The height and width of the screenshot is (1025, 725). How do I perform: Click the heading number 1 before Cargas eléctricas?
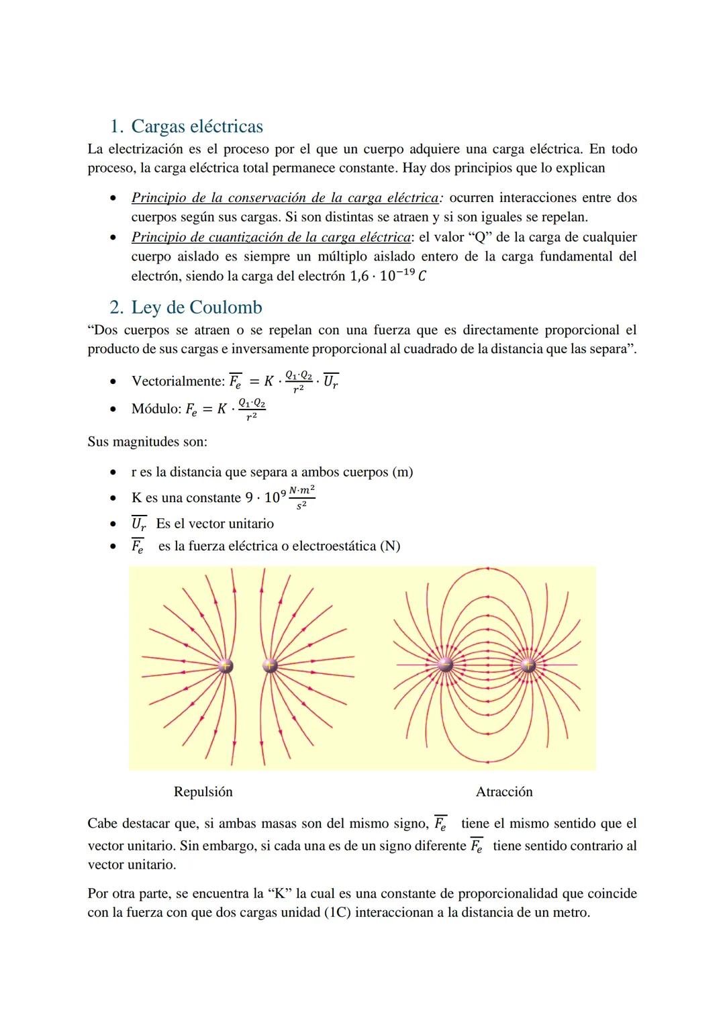click(x=115, y=127)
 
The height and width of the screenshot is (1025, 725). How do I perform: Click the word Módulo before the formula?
click(x=155, y=409)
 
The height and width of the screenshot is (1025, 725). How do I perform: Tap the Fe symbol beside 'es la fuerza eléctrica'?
click(x=138, y=546)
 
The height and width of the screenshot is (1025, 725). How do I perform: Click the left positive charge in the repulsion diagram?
click(x=226, y=666)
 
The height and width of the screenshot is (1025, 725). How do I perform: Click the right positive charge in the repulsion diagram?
click(x=270, y=666)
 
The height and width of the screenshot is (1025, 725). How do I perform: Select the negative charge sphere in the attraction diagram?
click(x=444, y=665)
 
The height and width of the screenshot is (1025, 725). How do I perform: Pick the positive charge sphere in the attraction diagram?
click(x=528, y=665)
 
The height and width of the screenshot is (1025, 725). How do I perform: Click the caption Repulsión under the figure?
click(x=203, y=792)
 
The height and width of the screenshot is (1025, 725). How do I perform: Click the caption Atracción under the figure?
click(x=504, y=792)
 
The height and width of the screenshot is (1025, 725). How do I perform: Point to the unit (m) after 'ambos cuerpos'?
click(x=402, y=473)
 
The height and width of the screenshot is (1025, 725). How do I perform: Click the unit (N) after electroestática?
click(x=390, y=546)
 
